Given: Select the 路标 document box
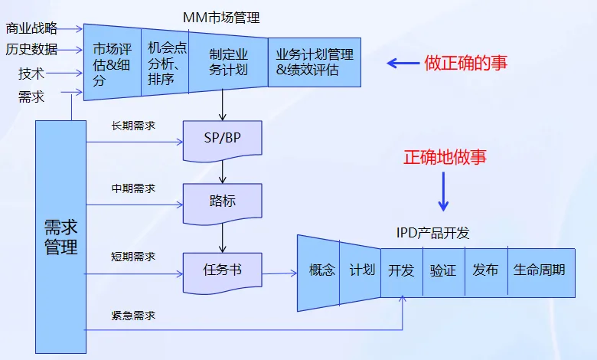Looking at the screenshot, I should pos(223,201).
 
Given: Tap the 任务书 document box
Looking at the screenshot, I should pos(223,270).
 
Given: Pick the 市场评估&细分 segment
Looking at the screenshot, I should pos(112,64).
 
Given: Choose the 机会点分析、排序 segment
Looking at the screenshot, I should pos(165,64).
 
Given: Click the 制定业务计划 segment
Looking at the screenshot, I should pos(228,64).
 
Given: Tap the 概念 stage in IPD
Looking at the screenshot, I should pos(321,270).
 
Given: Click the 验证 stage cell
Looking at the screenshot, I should pos(442,270).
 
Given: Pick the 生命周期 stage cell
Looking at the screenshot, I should pos(540,270).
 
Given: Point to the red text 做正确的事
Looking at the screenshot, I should pos(465,64).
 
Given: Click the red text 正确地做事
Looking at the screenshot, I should pos(445,158).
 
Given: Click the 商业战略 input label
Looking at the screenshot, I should pos(31,29).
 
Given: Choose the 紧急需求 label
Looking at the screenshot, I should pos(133,315).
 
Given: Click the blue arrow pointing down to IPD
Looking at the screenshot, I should pos(443,191).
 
